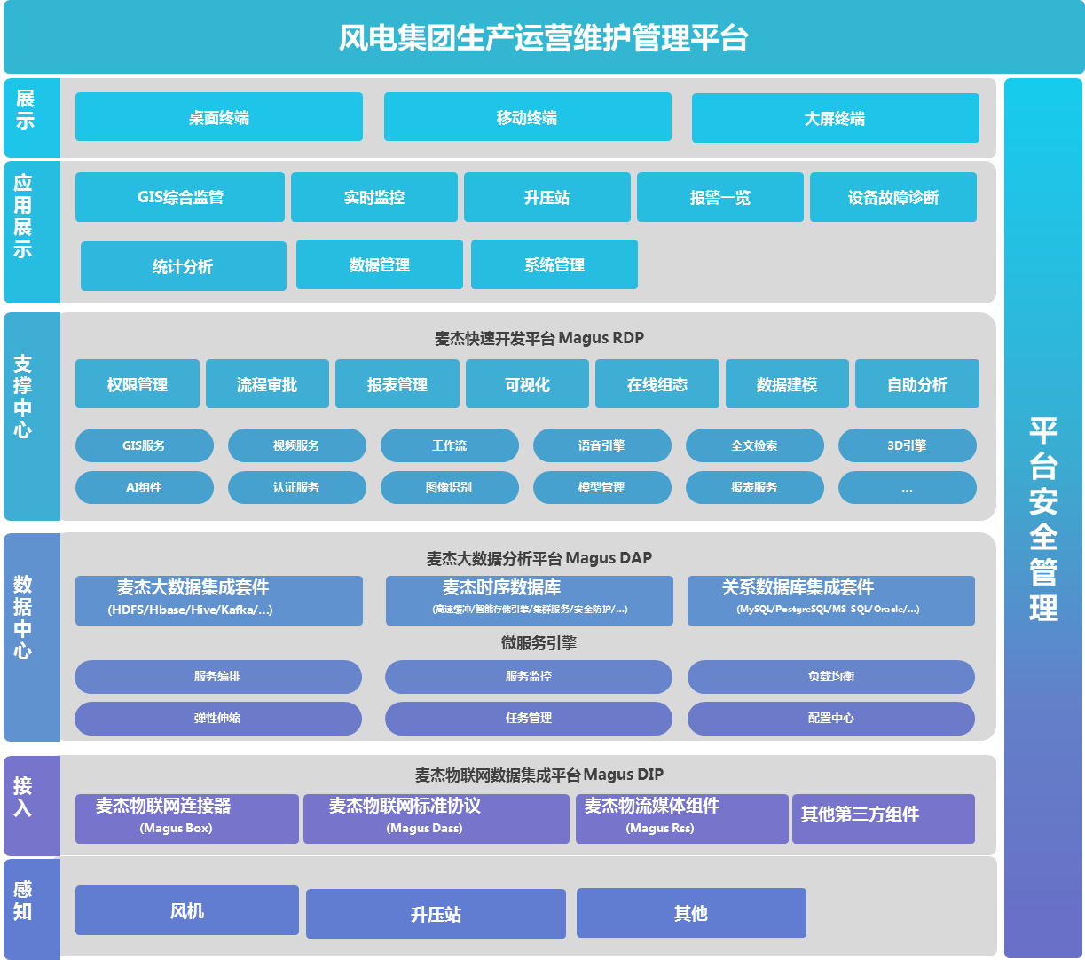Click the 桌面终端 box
[218, 117]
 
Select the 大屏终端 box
[835, 118]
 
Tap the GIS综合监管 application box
[180, 197]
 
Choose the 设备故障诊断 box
[892, 197]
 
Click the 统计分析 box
[183, 266]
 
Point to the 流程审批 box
[267, 384]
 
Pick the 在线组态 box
[657, 384]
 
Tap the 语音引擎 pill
[601, 445]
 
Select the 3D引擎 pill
[907, 445]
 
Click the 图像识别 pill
[449, 487]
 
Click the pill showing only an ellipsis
[907, 487]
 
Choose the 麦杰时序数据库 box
[529, 600]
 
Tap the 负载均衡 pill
[830, 676]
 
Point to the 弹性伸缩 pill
[217, 718]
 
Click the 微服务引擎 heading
[539, 643]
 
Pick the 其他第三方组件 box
[883, 818]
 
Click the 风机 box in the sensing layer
[187, 910]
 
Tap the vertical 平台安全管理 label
[1043, 518]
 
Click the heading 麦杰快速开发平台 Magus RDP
[539, 338]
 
